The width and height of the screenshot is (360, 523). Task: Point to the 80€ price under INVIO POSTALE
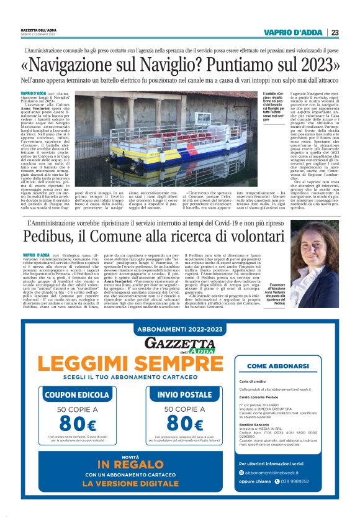(x=181, y=424)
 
